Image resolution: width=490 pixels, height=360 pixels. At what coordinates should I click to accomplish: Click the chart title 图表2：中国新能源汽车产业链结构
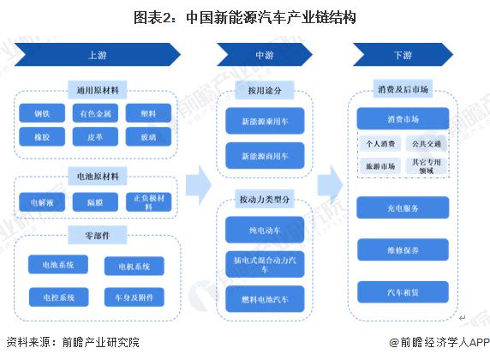(x=244, y=16)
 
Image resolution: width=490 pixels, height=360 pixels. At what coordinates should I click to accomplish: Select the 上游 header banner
(x=98, y=56)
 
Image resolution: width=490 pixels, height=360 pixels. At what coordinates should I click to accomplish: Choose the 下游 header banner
(x=403, y=56)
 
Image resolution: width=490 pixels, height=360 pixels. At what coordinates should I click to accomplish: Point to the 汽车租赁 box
(x=403, y=292)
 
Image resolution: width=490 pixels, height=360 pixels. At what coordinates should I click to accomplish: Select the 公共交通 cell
(x=427, y=142)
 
